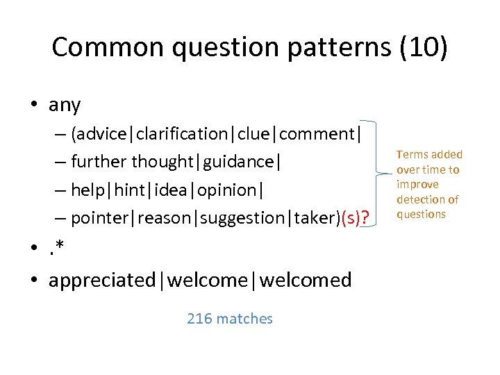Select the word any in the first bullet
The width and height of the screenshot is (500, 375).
pyautogui.click(x=65, y=106)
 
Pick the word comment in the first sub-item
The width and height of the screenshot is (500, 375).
pyautogui.click(x=316, y=133)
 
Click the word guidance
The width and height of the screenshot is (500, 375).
pyautogui.click(x=240, y=162)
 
